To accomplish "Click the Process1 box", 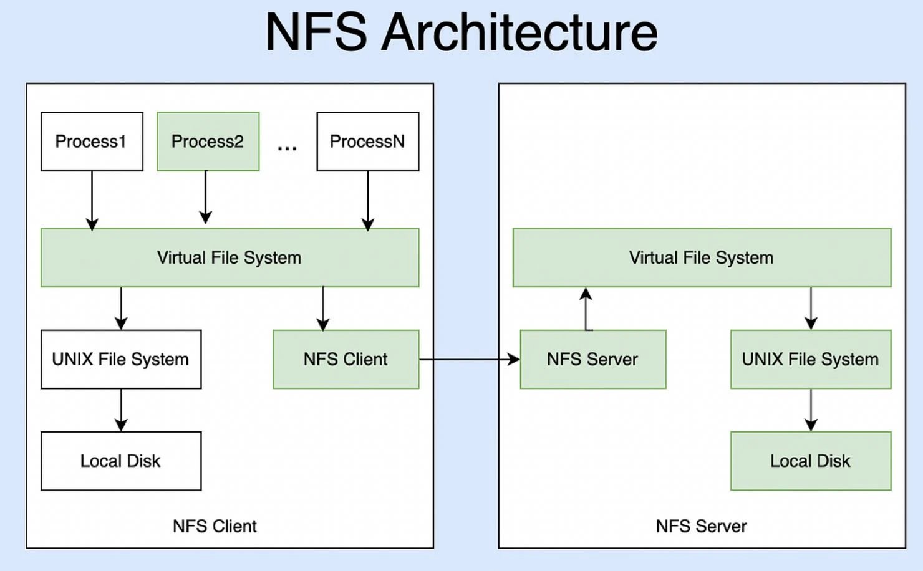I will (92, 142).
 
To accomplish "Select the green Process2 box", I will (208, 142).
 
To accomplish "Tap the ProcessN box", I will (367, 142).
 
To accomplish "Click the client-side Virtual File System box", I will (230, 257).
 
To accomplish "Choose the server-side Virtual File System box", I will (702, 257).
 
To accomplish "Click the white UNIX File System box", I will (121, 359).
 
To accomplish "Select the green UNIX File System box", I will (811, 359).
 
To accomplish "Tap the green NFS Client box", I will (346, 359).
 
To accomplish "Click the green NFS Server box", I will (592, 359).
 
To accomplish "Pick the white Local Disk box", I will (121, 461).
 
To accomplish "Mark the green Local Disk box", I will (811, 461).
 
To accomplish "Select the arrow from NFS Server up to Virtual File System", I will (586, 309).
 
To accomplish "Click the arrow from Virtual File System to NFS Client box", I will (323, 309).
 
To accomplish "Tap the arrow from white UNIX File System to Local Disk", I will (121, 410).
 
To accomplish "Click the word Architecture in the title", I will (519, 32).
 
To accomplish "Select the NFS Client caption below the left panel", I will (215, 526).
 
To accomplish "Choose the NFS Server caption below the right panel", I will (701, 526).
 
